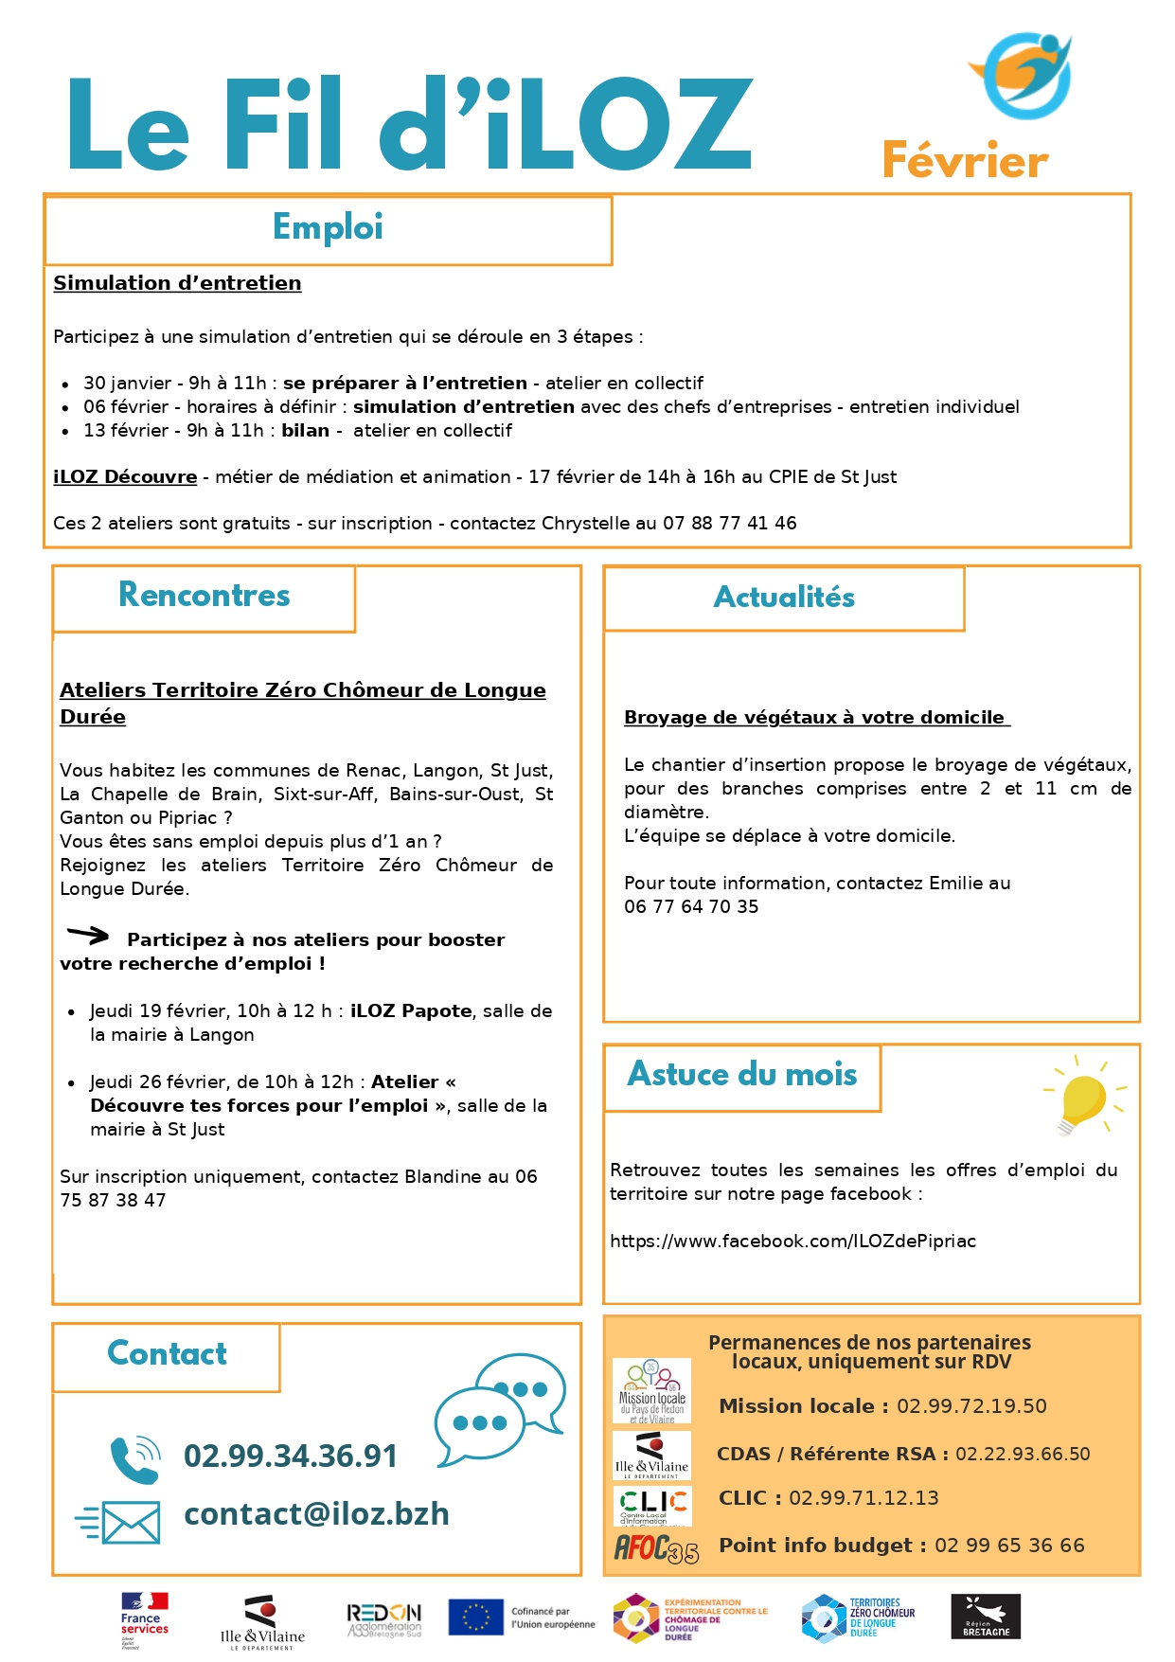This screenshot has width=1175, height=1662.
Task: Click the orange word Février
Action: click(x=965, y=161)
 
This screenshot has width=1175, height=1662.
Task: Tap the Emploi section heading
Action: click(x=328, y=227)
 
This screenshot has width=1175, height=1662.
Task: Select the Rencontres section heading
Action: click(x=205, y=595)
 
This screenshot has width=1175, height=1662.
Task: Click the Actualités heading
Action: click(x=784, y=598)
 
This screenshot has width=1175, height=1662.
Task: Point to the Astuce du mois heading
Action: click(x=742, y=1075)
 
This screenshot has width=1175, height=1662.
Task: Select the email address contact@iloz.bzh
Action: click(x=316, y=1514)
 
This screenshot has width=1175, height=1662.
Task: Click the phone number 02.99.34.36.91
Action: click(x=291, y=1456)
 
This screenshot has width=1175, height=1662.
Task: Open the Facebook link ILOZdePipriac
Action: click(x=792, y=1242)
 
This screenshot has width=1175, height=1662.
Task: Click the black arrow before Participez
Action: click(x=88, y=936)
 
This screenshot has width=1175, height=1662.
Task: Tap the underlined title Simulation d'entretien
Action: click(x=177, y=283)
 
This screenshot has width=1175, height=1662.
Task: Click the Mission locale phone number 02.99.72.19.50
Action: click(x=971, y=1406)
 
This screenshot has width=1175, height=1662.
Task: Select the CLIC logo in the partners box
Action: click(x=653, y=1506)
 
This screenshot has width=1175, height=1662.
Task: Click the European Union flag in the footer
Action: click(x=475, y=1617)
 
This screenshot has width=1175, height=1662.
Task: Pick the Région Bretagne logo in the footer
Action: click(x=986, y=1617)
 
